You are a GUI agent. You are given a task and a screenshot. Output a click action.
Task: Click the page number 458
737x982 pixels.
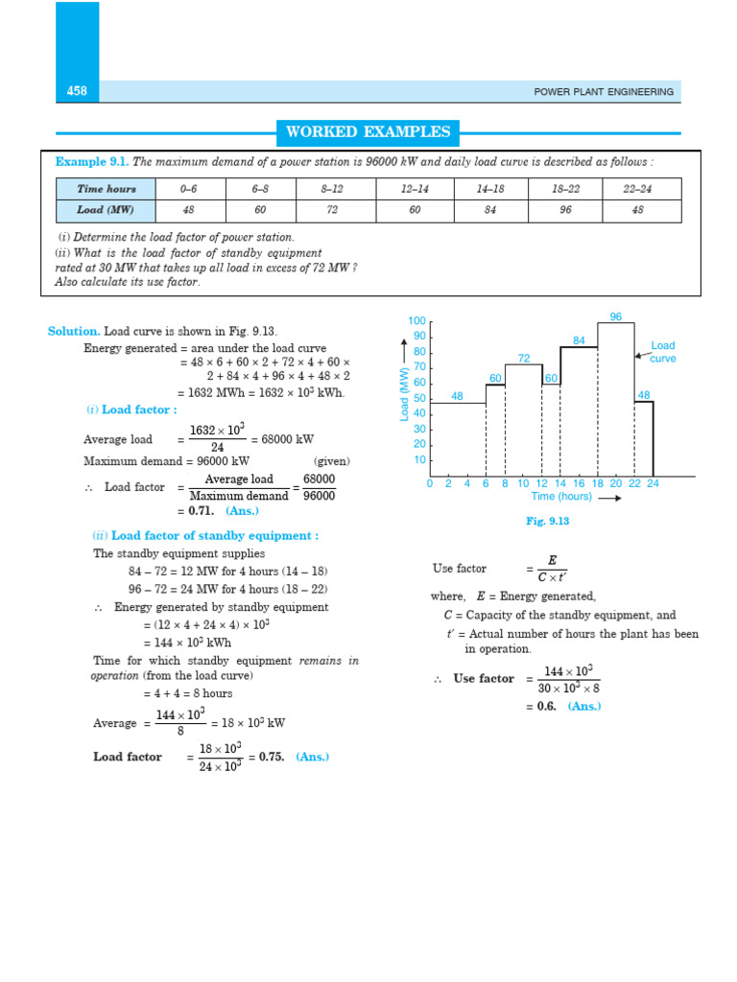77,91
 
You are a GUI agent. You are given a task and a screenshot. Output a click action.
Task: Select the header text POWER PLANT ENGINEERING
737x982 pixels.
604,92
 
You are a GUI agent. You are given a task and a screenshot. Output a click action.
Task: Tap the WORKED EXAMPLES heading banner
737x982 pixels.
368,132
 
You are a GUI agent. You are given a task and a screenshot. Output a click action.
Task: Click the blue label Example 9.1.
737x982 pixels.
91,161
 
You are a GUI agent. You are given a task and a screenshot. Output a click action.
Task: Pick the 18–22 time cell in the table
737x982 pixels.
565,189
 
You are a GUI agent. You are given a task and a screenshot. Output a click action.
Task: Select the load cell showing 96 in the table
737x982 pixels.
565,211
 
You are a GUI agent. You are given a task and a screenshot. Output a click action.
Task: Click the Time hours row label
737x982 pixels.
107,189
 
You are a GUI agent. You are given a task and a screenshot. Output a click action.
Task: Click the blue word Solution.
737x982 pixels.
74,331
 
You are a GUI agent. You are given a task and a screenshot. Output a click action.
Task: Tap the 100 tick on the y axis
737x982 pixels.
416,321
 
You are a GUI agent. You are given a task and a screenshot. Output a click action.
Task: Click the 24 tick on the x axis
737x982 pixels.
653,484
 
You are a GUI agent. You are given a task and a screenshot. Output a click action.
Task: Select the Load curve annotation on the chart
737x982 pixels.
663,352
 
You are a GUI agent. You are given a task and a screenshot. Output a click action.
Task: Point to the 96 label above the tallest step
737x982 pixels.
615,316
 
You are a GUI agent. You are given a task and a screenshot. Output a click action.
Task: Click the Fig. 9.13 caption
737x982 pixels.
548,521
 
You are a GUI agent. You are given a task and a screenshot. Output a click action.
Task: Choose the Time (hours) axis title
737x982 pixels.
561,497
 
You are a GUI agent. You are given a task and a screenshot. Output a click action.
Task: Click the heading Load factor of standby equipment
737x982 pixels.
210,536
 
